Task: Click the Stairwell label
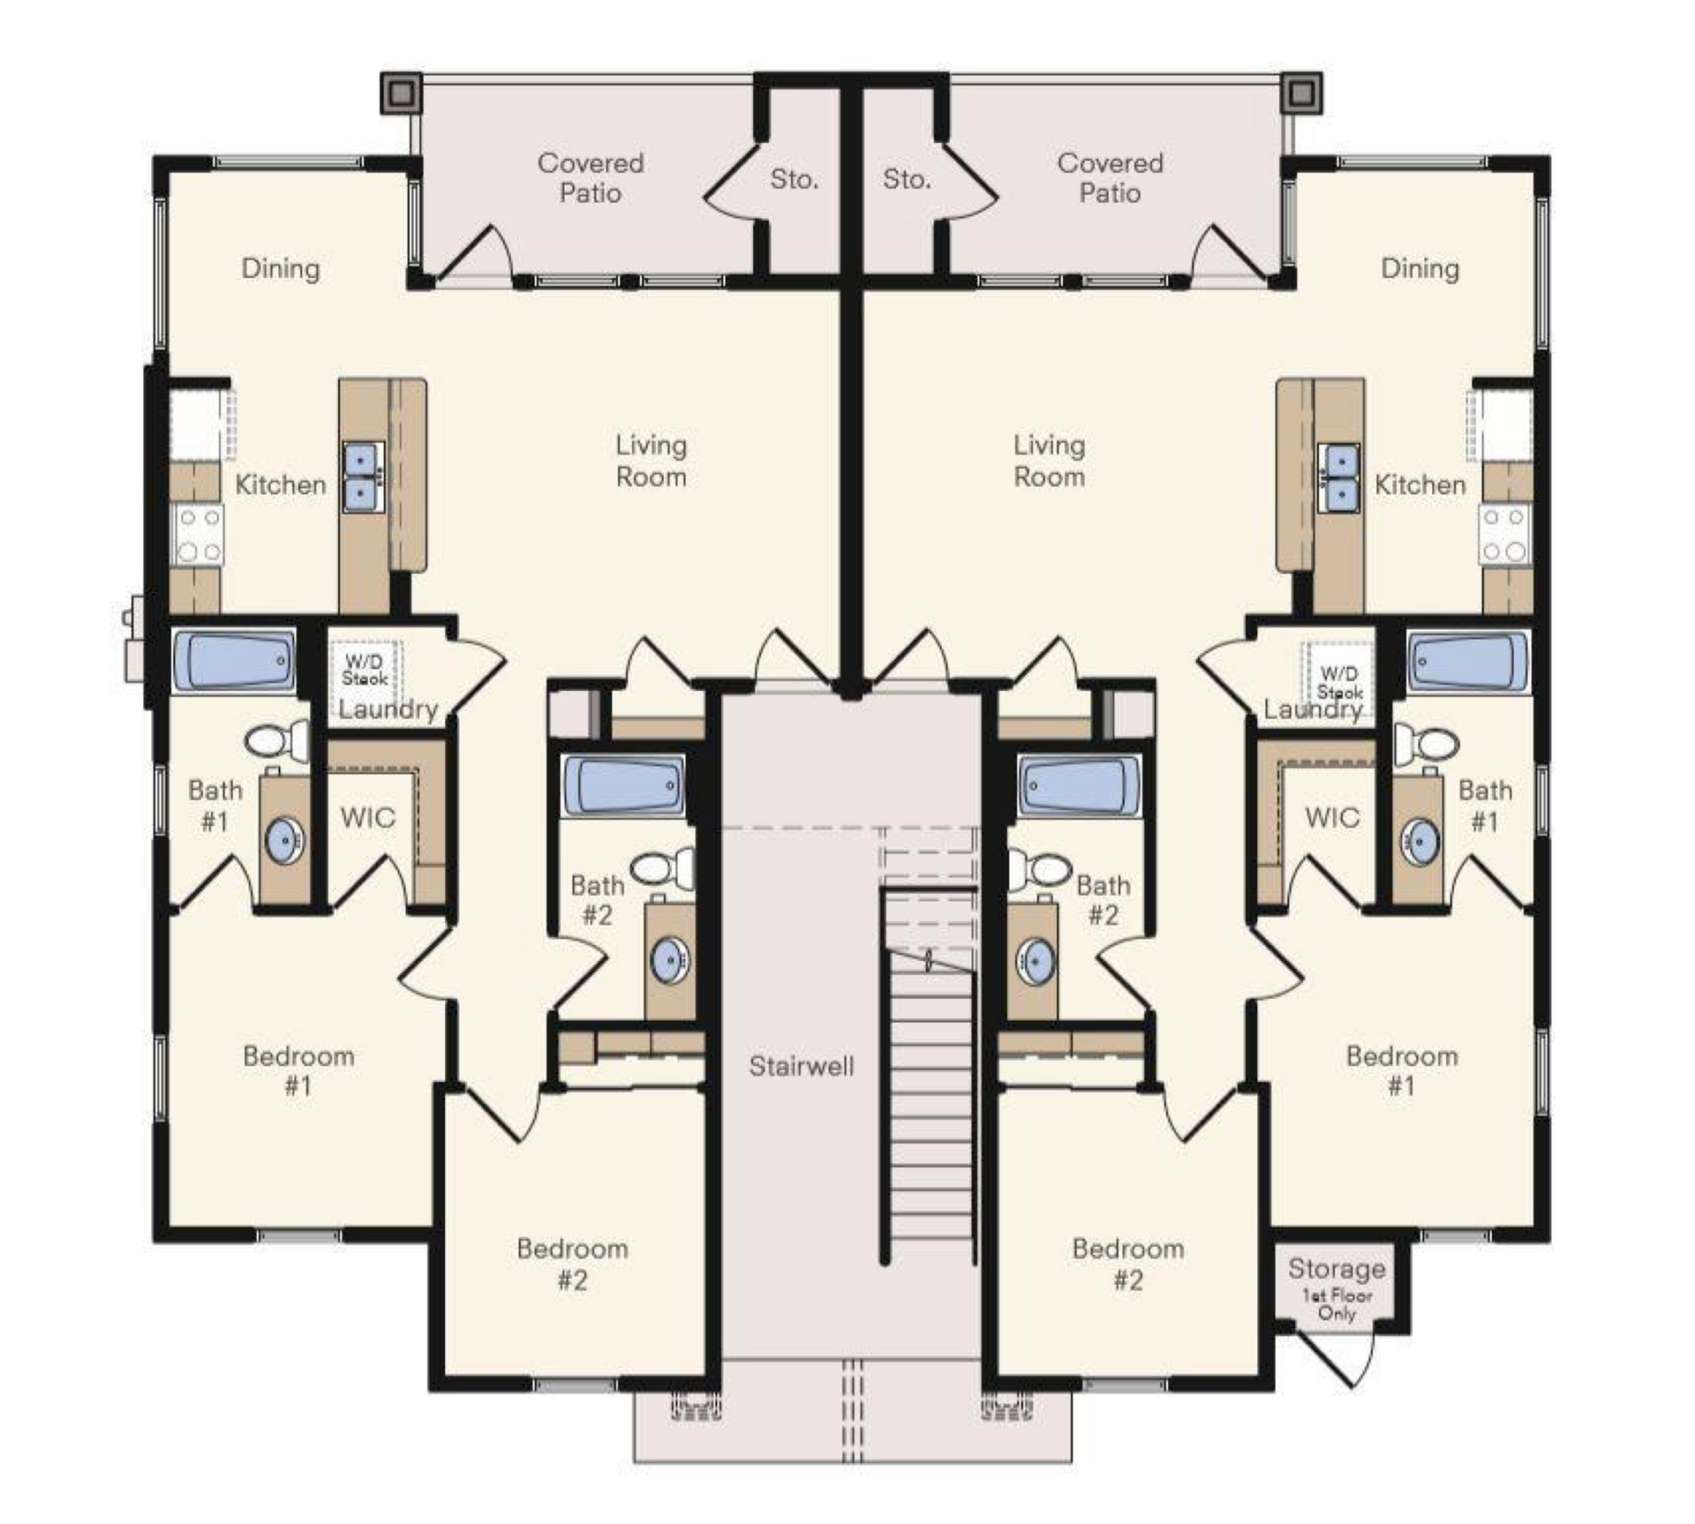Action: pos(802,1066)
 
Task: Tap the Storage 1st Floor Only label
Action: pos(1336,1289)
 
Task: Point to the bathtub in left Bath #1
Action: pos(235,661)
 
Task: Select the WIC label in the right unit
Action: pos(1332,817)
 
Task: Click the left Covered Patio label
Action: pos(591,177)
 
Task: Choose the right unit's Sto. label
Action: pos(907,179)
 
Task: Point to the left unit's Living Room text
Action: pos(652,461)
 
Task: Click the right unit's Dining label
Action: pos(1420,268)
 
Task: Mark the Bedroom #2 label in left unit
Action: pos(573,1264)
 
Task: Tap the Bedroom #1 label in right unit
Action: pos(1402,1070)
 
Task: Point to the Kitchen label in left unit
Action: pos(281,484)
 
